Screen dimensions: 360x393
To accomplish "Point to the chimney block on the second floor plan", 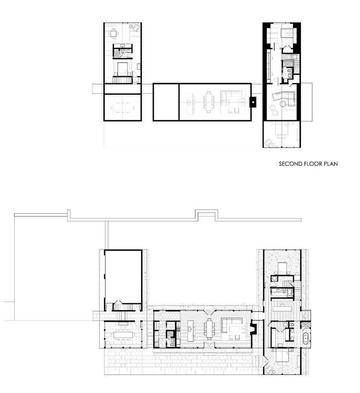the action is coord(253,102).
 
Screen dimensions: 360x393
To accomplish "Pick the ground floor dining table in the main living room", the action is coord(209,328).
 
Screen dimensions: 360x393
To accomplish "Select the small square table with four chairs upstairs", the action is coord(114,33).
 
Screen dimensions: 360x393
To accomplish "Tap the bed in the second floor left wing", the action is coord(123,69).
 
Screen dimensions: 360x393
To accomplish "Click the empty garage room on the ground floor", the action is coord(123,276).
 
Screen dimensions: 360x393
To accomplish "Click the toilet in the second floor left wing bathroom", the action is coord(123,52).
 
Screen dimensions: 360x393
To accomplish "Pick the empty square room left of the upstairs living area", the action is coord(166,102).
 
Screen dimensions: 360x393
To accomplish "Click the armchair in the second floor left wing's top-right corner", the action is coord(135,28).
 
